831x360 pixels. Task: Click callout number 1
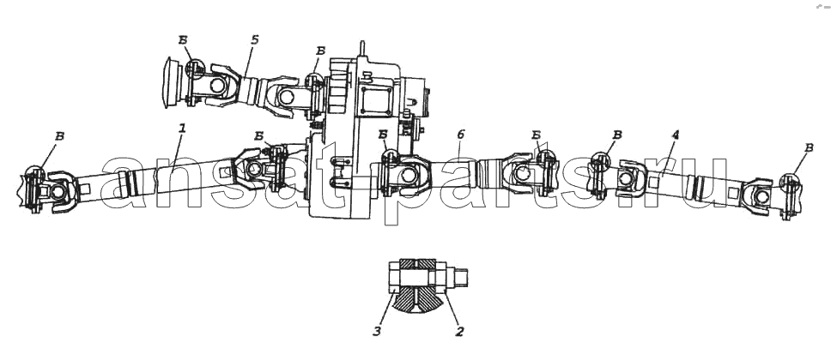tap(182, 128)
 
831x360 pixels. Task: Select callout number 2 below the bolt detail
tap(459, 332)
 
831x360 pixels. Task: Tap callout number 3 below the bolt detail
tap(377, 333)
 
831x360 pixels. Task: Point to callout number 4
tap(675, 135)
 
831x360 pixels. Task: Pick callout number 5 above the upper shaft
tap(255, 40)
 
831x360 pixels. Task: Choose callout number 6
tap(460, 135)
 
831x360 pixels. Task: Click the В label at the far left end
tap(60, 136)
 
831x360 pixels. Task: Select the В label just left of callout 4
tap(617, 135)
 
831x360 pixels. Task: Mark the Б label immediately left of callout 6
tap(383, 135)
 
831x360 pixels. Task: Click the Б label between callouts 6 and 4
tap(536, 135)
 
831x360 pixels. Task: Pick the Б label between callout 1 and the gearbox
tap(258, 136)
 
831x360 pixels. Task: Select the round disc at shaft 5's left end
tap(173, 84)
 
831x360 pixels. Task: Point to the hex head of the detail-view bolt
tap(394, 277)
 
